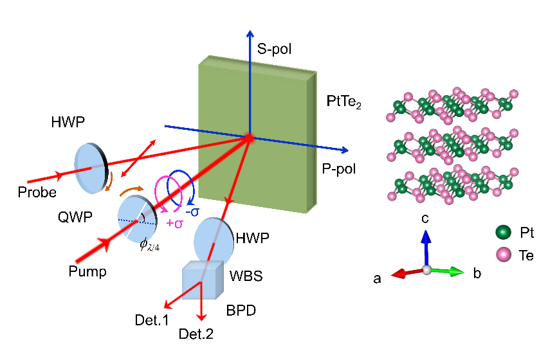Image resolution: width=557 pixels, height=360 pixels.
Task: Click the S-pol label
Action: [275, 48]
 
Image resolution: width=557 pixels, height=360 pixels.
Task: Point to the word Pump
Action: [87, 271]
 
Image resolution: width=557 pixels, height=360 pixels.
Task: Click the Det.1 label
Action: [152, 319]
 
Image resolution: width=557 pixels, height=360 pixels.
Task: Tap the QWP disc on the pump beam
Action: [136, 219]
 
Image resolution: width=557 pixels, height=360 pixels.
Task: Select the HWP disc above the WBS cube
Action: [214, 239]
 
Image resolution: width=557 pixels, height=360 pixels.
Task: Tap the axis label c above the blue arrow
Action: [426, 219]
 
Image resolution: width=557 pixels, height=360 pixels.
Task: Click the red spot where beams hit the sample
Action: [249, 138]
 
